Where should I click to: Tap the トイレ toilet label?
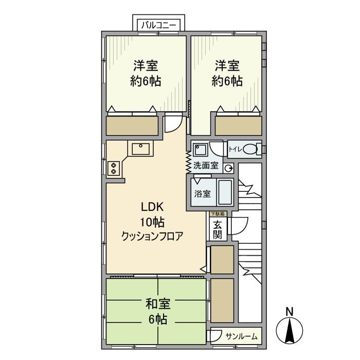click(x=235, y=149)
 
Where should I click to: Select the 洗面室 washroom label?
click(x=206, y=167)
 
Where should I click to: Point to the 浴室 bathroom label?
click(x=202, y=194)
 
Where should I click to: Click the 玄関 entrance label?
click(x=217, y=229)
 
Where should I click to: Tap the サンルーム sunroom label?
click(x=242, y=336)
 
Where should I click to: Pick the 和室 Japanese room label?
click(x=157, y=304)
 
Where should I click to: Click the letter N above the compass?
click(x=290, y=311)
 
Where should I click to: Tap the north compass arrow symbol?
click(x=290, y=331)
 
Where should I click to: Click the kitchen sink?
click(x=140, y=149)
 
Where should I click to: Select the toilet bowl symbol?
click(x=250, y=149)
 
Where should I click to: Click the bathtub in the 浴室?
click(x=225, y=192)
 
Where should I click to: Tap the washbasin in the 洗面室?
click(x=200, y=150)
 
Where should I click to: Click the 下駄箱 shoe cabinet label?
click(x=217, y=213)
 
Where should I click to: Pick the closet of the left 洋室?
click(x=132, y=125)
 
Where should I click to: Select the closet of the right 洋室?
click(x=238, y=125)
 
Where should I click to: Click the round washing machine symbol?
click(x=228, y=168)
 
